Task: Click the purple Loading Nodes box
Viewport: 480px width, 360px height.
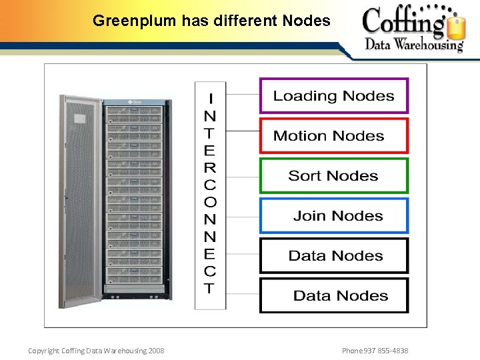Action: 333,96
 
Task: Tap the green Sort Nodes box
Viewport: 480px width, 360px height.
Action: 333,176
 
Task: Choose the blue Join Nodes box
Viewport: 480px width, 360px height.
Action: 333,216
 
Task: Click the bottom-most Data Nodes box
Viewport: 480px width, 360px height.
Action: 333,295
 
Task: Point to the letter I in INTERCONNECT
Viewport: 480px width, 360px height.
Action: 211,99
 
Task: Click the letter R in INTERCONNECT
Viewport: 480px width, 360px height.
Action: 210,167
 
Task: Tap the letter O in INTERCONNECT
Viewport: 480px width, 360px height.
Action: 210,202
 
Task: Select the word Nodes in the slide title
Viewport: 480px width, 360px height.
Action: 306,21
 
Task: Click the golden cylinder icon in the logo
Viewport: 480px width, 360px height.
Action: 455,27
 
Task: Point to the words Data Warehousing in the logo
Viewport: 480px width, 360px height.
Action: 413,45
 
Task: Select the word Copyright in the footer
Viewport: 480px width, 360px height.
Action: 43,351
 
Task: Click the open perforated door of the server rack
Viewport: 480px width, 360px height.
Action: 81,200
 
